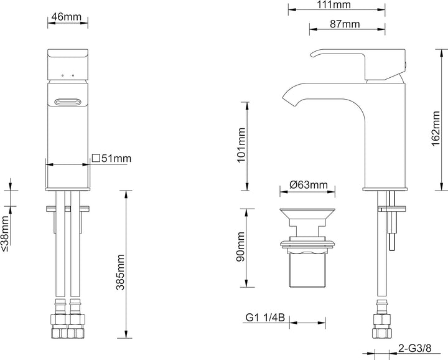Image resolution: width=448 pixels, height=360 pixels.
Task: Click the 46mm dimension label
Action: pos(67,17)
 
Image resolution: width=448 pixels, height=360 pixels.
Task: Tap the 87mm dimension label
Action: pos(345,24)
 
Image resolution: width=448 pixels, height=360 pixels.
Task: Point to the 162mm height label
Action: pos(436,129)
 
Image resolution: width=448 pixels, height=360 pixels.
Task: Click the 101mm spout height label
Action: pos(241,145)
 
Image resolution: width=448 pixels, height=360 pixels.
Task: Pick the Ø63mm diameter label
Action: pos(309,185)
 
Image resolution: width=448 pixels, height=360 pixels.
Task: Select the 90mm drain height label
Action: pos(241,247)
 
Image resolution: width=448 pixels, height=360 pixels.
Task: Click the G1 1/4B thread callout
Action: pos(265,318)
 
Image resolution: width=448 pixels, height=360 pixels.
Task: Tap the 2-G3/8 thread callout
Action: pos(414,348)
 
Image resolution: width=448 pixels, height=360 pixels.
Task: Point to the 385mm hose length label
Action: pos(120,272)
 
